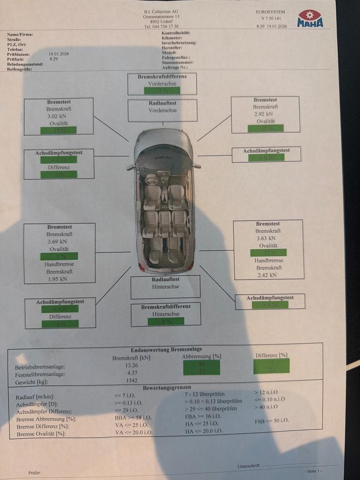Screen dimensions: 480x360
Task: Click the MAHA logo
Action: point(310,19)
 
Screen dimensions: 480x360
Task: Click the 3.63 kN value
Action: point(268,239)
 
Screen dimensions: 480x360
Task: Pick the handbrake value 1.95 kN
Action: point(59,279)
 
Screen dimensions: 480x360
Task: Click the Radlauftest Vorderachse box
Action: point(162,110)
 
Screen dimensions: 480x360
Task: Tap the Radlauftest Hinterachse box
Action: point(165,287)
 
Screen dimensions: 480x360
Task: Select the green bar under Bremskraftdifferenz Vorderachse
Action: point(162,90)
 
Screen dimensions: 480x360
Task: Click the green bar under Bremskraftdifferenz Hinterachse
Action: point(166,321)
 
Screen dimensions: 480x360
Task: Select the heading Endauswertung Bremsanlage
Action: point(166,350)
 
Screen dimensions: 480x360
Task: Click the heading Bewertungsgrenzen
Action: point(167,388)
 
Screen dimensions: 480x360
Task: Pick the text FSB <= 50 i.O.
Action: point(271,421)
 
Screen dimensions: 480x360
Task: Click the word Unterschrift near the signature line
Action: point(249,465)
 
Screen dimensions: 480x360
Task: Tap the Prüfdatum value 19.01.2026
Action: point(59,54)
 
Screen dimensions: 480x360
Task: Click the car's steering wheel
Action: point(152,180)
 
